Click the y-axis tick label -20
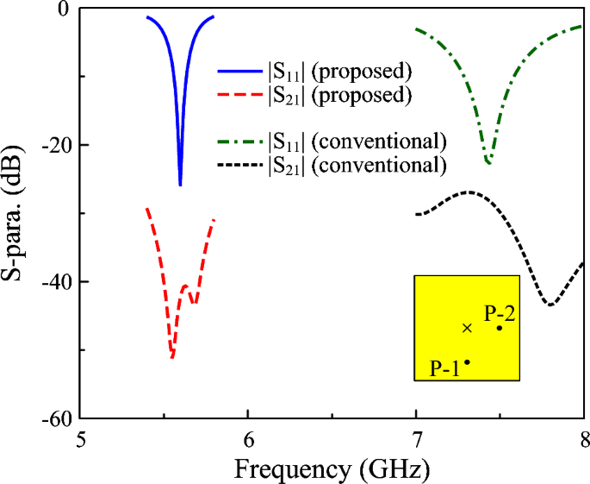click(x=53, y=145)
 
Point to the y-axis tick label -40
click(x=53, y=282)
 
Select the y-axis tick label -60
click(x=53, y=418)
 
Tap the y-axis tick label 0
click(x=62, y=9)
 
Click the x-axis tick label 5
click(x=81, y=437)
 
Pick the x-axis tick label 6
click(x=249, y=437)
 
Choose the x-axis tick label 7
click(x=416, y=437)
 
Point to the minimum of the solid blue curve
click(x=180, y=184)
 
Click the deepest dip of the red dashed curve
click(x=172, y=356)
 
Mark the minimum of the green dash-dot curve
click(x=489, y=162)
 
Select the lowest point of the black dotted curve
click(x=550, y=305)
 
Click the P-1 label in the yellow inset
click(x=444, y=368)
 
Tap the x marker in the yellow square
click(x=467, y=328)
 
